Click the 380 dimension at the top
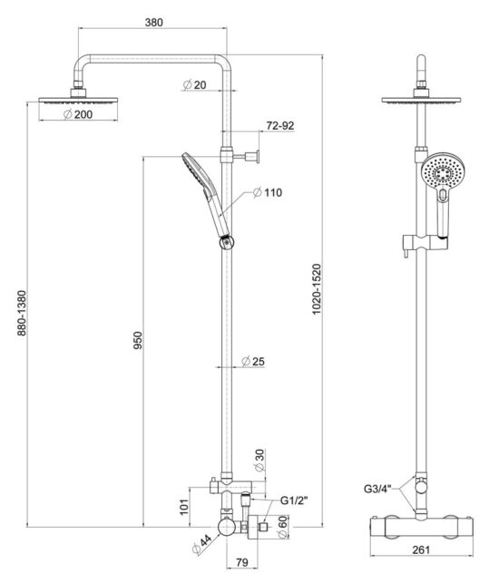point(153,23)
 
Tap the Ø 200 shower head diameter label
point(78,114)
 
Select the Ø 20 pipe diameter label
point(195,84)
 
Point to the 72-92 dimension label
point(280,126)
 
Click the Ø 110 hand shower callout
point(268,192)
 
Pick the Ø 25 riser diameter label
point(253,361)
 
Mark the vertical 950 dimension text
point(138,340)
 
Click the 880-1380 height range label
point(22,313)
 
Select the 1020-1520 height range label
point(317,289)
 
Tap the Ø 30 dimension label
point(259,461)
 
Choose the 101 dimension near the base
point(184,507)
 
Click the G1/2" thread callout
point(294,500)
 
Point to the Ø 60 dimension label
point(282,527)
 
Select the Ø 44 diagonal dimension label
point(201,545)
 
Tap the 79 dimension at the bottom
point(242,562)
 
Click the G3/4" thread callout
point(377,489)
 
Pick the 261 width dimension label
point(421,549)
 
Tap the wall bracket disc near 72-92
point(257,157)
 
